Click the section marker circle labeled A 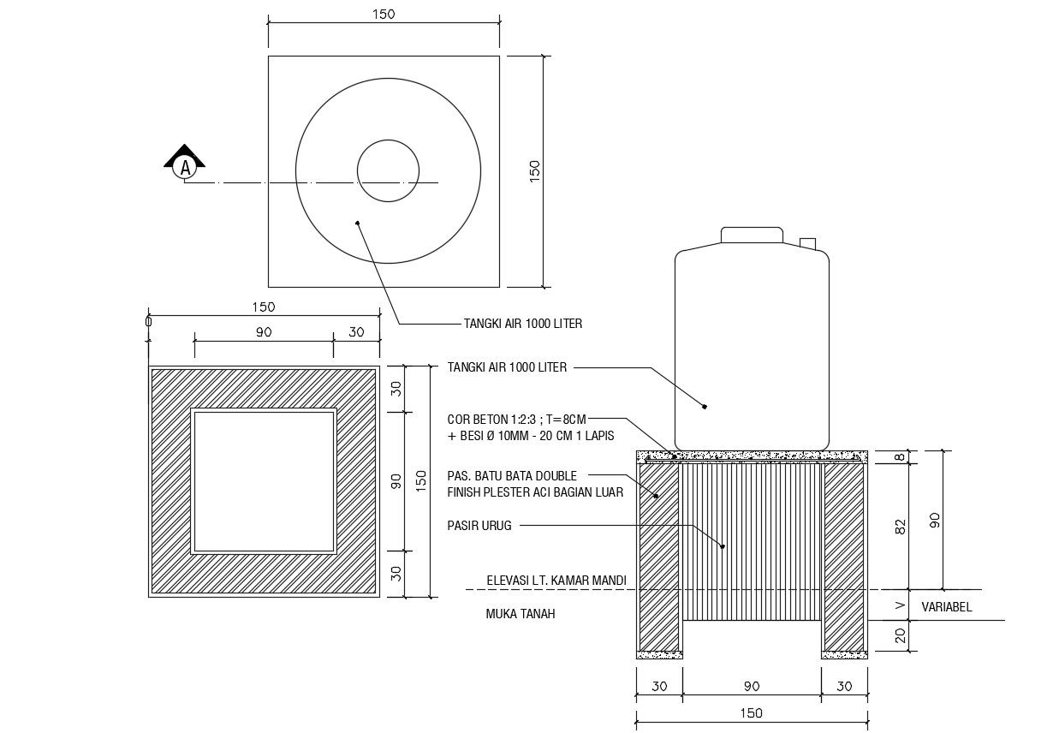(184, 168)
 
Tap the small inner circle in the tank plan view (388, 170)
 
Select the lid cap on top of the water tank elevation (752, 235)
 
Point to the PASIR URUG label (479, 526)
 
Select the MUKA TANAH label (521, 614)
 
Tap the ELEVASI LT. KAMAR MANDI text (556, 581)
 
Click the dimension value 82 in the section (900, 527)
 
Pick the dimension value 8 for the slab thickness (900, 457)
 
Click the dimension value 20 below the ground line (900, 635)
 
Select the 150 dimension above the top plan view (383, 15)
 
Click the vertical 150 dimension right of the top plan (535, 170)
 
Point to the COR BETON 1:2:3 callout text (516, 420)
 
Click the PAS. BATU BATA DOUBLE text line (512, 476)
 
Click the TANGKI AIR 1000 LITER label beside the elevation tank (507, 367)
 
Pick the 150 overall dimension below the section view (751, 712)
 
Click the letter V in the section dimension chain (900, 605)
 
